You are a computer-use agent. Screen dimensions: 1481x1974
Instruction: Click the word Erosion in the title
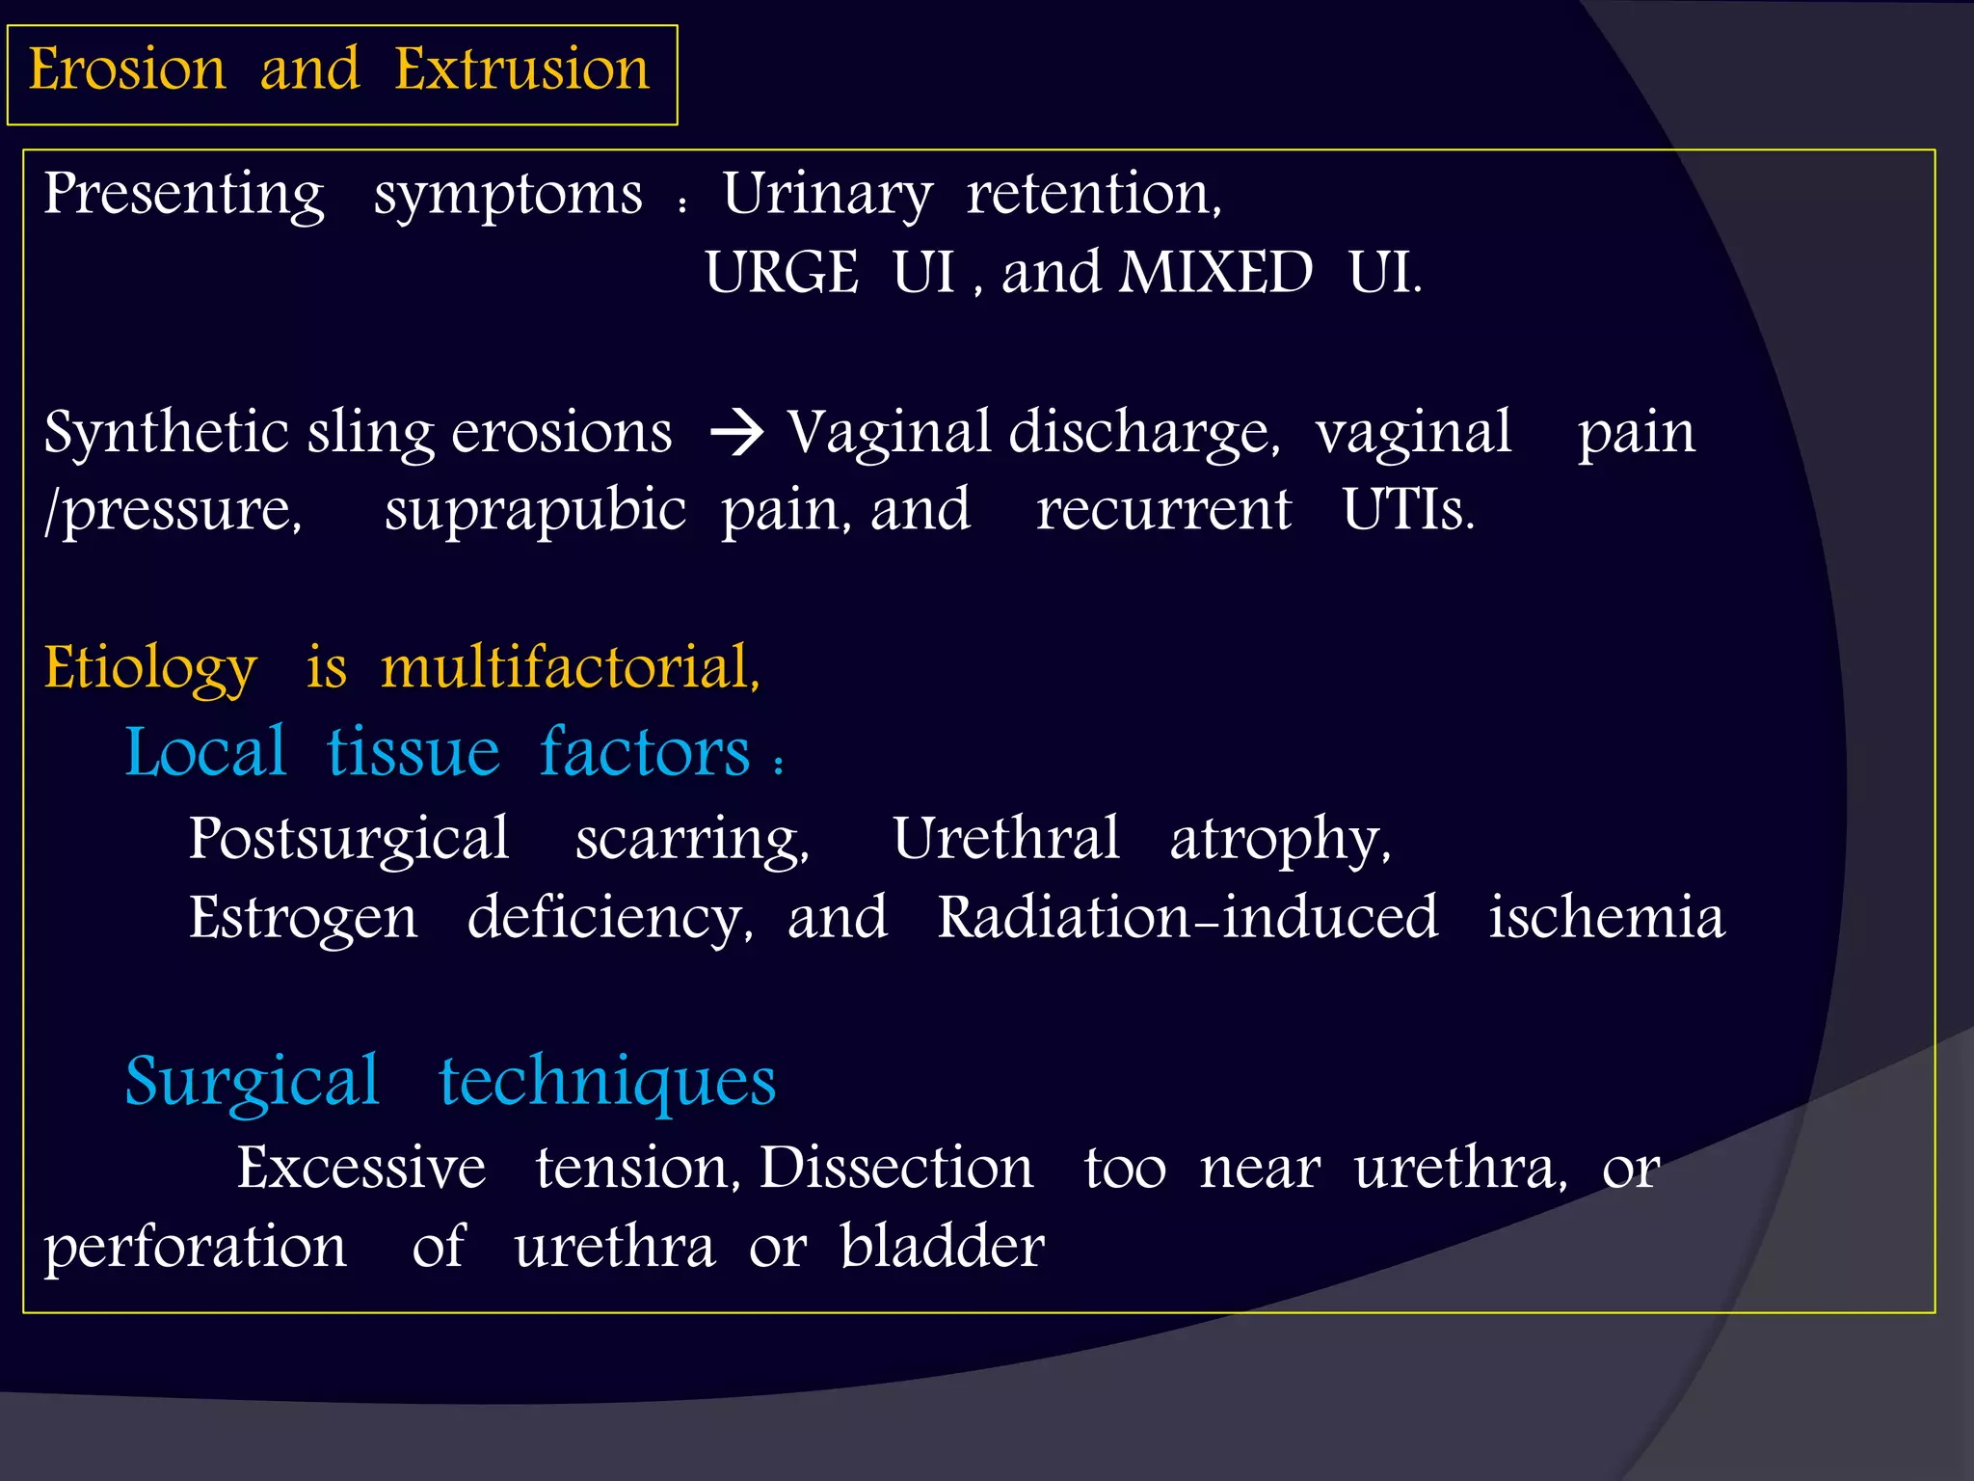126,70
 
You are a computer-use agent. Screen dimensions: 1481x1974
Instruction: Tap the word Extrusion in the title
521,70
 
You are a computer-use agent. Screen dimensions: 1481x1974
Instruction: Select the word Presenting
184,196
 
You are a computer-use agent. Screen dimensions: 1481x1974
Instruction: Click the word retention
1093,194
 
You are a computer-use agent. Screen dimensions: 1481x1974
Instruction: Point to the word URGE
782,273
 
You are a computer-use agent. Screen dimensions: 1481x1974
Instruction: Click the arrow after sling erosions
737,433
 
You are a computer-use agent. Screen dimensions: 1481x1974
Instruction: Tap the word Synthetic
166,433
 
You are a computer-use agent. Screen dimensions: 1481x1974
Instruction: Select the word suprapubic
535,511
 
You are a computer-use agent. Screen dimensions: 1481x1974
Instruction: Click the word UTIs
1407,510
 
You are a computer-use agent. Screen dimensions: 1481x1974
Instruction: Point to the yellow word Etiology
150,668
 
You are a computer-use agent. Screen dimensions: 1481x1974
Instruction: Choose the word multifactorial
570,667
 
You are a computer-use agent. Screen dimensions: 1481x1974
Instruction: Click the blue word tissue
413,753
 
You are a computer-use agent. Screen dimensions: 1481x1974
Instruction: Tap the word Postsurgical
348,839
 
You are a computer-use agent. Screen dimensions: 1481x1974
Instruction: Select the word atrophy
1279,840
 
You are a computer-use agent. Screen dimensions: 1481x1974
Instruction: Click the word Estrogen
303,918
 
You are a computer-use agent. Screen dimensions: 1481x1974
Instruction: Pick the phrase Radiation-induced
1187,917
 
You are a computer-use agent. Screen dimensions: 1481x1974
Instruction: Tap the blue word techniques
607,1082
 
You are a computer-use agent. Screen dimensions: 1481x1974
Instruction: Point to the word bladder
942,1247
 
